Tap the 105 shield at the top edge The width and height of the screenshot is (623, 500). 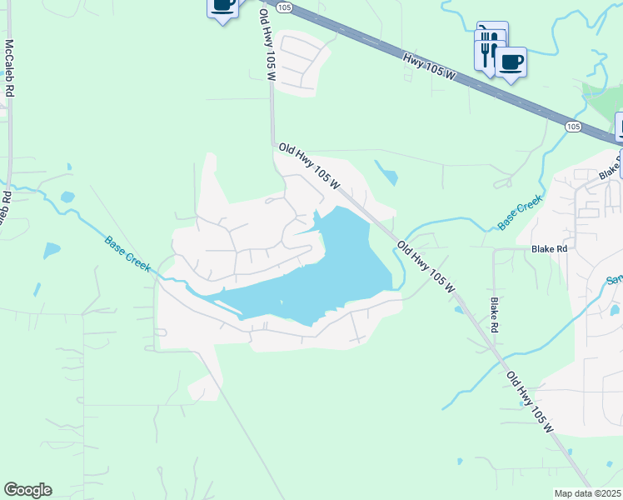pos(285,7)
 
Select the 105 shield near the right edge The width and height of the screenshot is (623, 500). pos(572,126)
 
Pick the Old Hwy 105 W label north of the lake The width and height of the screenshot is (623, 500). pos(310,164)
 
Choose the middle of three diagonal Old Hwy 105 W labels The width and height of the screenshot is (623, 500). pos(426,267)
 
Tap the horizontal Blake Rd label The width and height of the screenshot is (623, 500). pos(550,248)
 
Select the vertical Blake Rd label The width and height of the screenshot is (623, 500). pos(494,316)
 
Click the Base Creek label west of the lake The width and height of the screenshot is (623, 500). pos(127,254)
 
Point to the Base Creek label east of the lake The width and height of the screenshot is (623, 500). pos(520,212)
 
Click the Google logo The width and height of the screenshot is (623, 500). pos(27,490)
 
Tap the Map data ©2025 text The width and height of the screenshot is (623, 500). pos(588,493)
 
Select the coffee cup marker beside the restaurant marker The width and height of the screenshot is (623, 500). pos(511,62)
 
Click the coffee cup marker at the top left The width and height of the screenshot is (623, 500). pos(222,5)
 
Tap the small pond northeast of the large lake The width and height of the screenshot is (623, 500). pos(387,175)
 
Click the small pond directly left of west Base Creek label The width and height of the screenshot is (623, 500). pos(52,249)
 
